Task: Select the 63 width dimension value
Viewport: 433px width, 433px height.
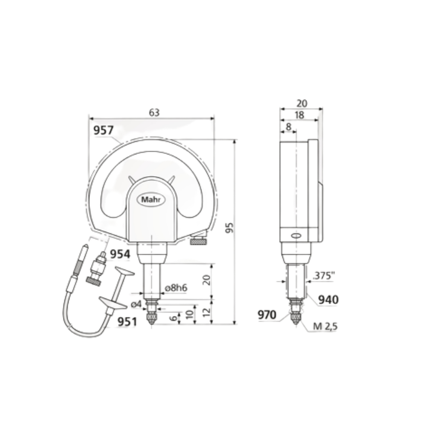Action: pos(154,112)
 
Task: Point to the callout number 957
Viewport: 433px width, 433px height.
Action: pos(104,130)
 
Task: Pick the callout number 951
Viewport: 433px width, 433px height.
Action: pos(127,321)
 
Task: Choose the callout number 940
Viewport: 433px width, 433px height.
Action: pos(328,300)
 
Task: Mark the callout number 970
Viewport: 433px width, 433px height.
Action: pos(266,314)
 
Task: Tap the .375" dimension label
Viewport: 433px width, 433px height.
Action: pos(324,276)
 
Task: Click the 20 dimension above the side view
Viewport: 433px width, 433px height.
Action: pos(302,103)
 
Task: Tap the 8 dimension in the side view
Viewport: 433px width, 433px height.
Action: pos(288,127)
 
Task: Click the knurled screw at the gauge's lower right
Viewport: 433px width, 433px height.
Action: pos(197,242)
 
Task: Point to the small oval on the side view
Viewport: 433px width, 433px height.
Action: pos(295,236)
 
